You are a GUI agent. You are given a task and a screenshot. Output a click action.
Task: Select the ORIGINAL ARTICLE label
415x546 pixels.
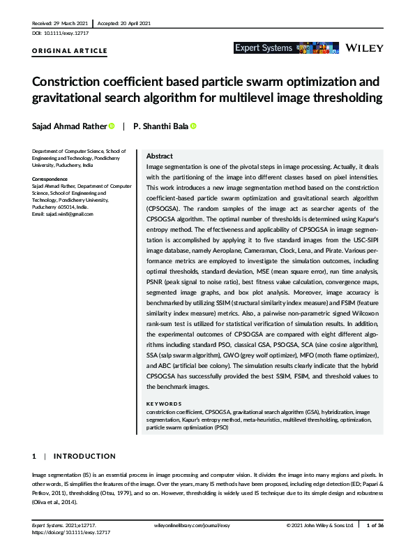coord(70,51)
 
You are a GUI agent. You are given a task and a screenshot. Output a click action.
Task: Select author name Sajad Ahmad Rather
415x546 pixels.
coord(69,126)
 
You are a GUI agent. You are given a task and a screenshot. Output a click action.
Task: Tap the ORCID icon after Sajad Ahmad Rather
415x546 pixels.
coord(112,126)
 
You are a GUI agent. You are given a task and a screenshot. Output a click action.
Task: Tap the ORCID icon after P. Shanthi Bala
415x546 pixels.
coord(193,126)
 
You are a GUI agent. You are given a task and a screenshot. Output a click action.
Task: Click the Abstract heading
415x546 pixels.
coord(159,156)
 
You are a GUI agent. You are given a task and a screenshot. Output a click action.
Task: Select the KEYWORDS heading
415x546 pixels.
coord(165,404)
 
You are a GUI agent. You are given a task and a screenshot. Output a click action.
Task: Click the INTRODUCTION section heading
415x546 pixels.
coord(84,456)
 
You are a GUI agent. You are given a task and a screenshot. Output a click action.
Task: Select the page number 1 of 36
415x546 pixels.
coord(377,524)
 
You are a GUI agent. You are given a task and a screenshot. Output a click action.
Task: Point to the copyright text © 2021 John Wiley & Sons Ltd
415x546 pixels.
coord(320,524)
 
